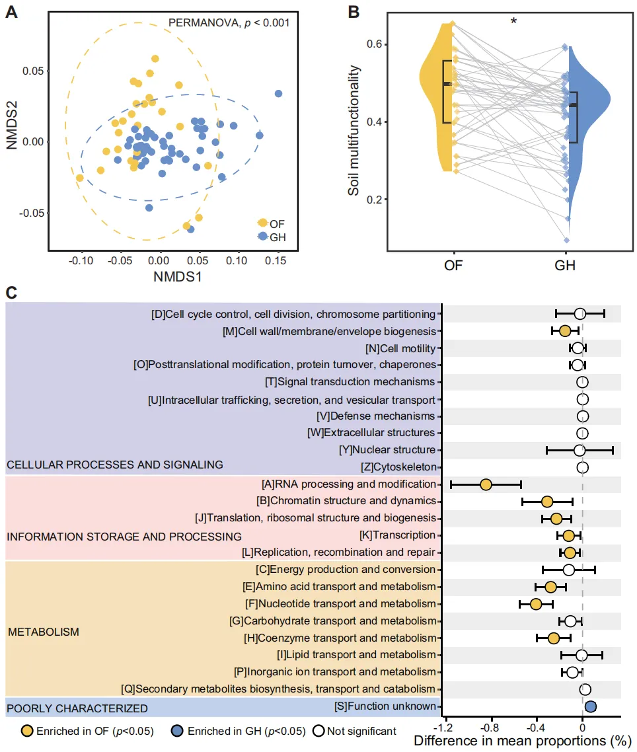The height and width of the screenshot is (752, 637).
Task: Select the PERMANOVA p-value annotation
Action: click(229, 22)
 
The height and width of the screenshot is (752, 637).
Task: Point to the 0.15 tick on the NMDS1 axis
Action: click(275, 261)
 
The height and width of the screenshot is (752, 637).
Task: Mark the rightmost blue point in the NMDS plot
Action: click(278, 94)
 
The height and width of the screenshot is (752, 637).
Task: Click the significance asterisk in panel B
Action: click(513, 22)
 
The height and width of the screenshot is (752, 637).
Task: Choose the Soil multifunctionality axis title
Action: click(355, 130)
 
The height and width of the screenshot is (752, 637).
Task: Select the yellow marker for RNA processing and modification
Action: click(486, 484)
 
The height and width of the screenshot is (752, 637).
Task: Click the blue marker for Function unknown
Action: click(591, 707)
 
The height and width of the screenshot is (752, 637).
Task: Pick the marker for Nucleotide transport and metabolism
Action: click(536, 604)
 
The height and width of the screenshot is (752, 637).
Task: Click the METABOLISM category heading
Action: click(44, 632)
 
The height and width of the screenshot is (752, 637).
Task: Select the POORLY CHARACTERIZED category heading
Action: click(77, 708)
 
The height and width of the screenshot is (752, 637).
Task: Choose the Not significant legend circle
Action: click(319, 731)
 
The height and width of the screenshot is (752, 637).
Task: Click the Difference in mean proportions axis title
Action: click(520, 741)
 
